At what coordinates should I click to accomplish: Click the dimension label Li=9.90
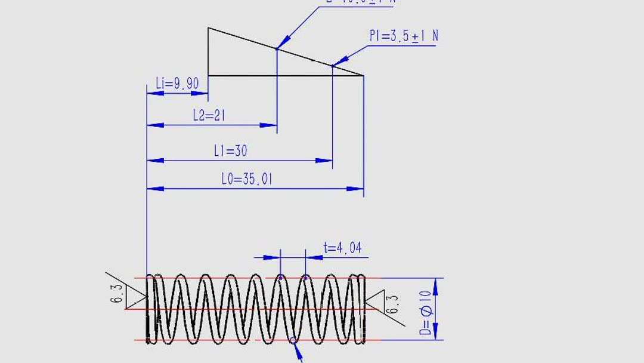click(x=177, y=84)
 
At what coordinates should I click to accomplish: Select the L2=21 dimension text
click(x=209, y=115)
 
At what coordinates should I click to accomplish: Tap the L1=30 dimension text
click(x=230, y=150)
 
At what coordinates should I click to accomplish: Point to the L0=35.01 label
click(x=246, y=179)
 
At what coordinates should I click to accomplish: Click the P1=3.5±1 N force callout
click(x=403, y=36)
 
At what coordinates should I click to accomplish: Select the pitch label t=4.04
click(x=342, y=248)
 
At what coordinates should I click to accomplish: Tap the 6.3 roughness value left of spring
click(x=117, y=294)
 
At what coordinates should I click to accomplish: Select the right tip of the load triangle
click(x=363, y=75)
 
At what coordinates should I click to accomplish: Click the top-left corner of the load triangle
click(x=208, y=28)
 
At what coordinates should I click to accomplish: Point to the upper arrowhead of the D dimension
click(x=435, y=285)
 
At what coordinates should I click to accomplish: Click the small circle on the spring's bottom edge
click(x=293, y=340)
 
